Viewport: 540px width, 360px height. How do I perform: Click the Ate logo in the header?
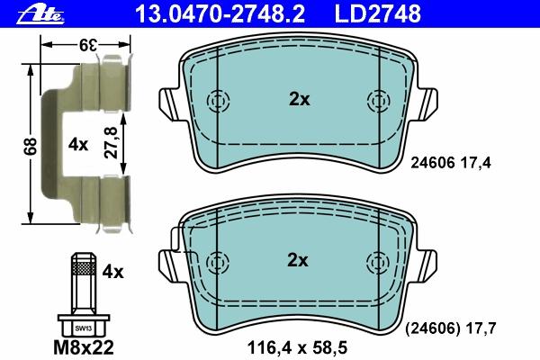(x=40, y=14)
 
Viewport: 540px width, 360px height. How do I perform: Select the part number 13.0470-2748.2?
(x=220, y=13)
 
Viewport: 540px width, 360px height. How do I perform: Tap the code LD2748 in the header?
(x=378, y=13)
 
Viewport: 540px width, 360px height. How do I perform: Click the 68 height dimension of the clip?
(x=31, y=146)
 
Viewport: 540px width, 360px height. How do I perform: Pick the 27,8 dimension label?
(x=111, y=143)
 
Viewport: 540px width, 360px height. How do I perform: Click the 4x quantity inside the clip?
(x=78, y=145)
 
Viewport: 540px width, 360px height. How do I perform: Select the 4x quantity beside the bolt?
(x=112, y=273)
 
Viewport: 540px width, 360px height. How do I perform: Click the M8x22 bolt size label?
(x=84, y=348)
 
